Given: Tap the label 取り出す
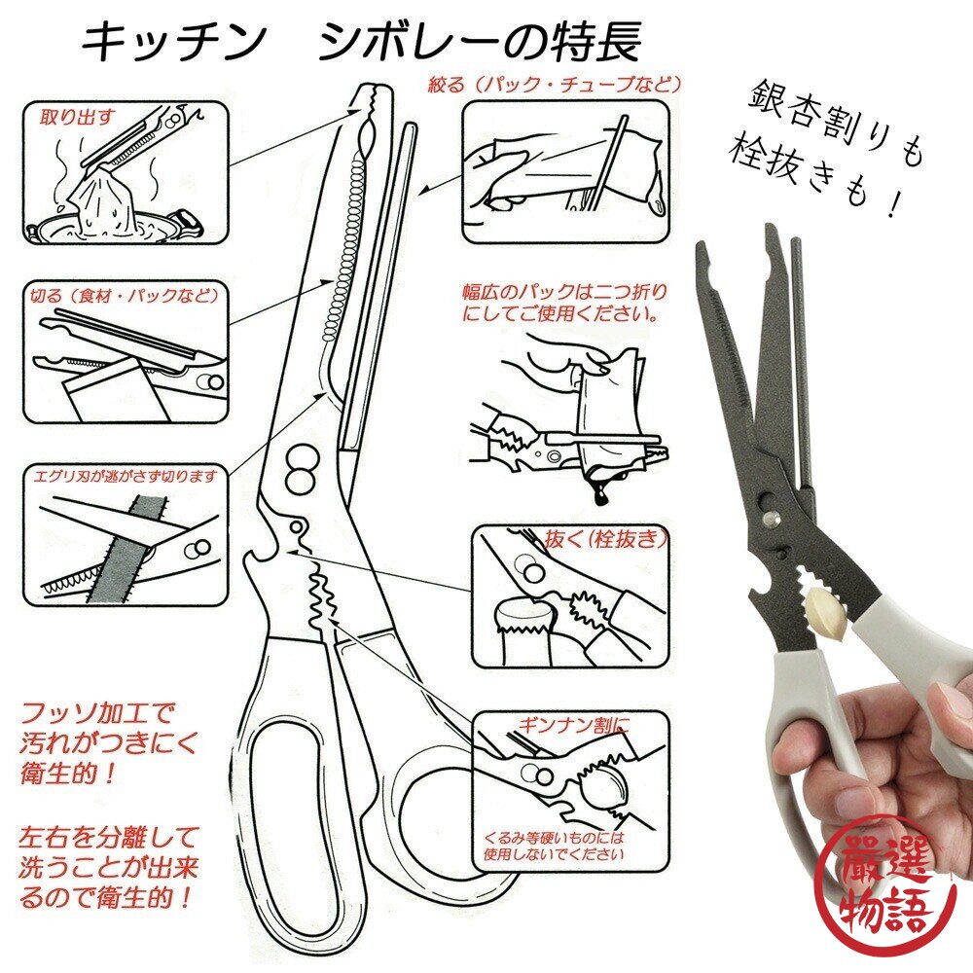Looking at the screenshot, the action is pyautogui.click(x=77, y=117).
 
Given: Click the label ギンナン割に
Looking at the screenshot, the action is pyautogui.click(x=574, y=725).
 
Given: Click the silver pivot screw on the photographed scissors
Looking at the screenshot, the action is pyautogui.click(x=772, y=518).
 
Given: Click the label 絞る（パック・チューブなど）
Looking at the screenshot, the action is pyautogui.click(x=555, y=84).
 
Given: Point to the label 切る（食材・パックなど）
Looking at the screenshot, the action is pyautogui.click(x=126, y=295).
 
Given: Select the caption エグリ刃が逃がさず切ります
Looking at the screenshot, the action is pyautogui.click(x=126, y=476).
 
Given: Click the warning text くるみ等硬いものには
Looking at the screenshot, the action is pyautogui.click(x=554, y=838).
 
